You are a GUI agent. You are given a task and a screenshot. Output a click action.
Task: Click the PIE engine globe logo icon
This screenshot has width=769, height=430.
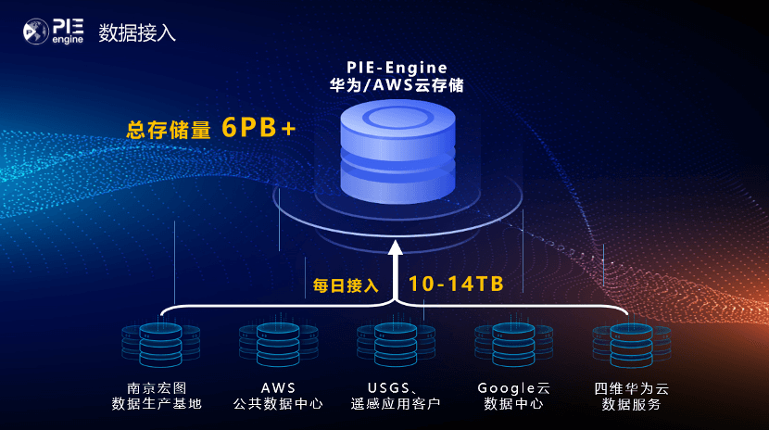[x=35, y=33]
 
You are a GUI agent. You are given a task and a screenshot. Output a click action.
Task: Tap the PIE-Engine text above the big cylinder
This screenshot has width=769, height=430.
[x=396, y=67]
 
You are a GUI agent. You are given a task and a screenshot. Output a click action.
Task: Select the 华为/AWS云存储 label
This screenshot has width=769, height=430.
[x=396, y=86]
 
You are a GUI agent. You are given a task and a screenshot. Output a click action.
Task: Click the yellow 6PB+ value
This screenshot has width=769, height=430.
[x=258, y=128]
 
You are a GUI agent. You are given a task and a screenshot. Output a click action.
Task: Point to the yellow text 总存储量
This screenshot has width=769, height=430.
[x=169, y=130]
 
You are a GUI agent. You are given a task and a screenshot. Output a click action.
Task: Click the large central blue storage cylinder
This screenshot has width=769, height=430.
[x=397, y=153]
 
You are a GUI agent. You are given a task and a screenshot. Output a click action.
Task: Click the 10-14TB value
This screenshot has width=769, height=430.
[x=456, y=284]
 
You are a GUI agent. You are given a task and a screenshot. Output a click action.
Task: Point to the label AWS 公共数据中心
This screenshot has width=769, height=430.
[x=278, y=395]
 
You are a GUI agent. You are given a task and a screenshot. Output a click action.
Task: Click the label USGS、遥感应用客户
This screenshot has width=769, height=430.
[x=396, y=395]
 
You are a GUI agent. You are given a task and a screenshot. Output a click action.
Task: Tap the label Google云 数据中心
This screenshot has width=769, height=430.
[x=513, y=395]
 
